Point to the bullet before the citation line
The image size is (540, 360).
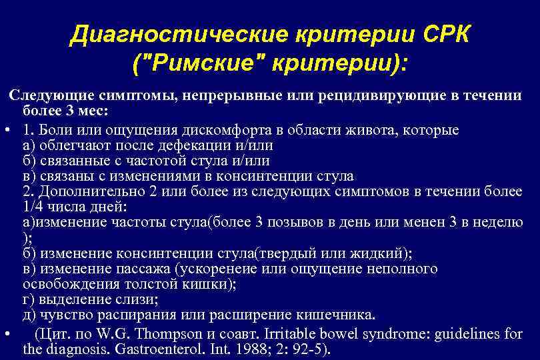click(x=6, y=333)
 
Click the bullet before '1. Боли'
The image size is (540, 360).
click(x=6, y=129)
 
